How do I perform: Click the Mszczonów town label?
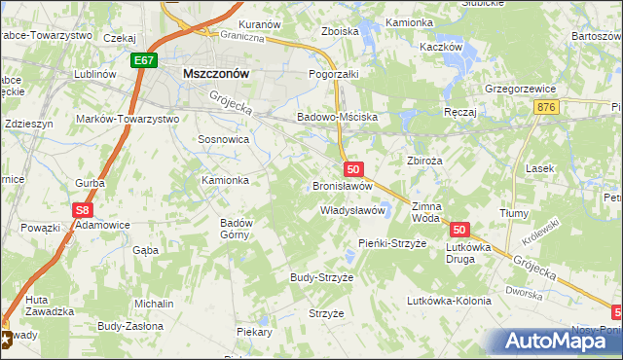(217, 73)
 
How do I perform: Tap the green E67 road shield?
(144, 60)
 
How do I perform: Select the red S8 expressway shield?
(84, 209)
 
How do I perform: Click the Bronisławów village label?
(343, 185)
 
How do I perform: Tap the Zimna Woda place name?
(426, 212)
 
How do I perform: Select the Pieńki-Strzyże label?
(392, 243)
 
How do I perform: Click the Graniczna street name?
(242, 39)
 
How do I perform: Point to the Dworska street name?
(523, 291)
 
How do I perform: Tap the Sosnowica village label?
(224, 139)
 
